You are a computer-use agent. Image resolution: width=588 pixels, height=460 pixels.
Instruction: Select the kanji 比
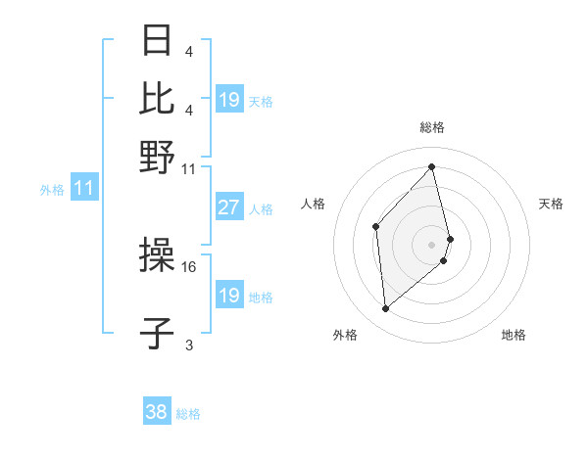click(x=158, y=99)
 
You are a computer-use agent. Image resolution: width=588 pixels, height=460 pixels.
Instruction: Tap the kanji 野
click(x=158, y=158)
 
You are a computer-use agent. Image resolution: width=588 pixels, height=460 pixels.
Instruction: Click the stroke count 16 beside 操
click(x=189, y=265)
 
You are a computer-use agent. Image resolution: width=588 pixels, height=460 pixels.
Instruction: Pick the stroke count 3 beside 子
click(x=189, y=345)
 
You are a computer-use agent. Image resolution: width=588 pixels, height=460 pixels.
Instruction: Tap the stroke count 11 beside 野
click(x=189, y=168)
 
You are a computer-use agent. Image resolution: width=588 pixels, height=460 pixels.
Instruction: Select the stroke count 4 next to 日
click(x=189, y=51)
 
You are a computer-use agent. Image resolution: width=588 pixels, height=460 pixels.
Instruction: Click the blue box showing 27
click(x=228, y=207)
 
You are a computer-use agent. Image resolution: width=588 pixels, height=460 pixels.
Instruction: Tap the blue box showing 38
click(x=156, y=413)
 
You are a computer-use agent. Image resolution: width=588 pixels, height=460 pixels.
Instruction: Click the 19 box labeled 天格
click(x=228, y=100)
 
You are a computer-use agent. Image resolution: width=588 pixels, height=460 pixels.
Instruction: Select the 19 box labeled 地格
click(x=228, y=297)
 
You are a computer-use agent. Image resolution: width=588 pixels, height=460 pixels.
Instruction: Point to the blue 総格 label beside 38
click(x=189, y=414)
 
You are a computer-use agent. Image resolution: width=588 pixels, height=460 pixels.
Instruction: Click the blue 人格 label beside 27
click(x=262, y=208)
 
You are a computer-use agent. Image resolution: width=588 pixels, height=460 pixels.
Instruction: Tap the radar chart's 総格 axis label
click(x=432, y=127)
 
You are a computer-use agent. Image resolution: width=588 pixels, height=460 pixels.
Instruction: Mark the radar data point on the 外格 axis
click(x=386, y=309)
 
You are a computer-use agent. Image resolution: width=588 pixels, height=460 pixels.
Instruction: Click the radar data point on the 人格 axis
click(x=376, y=228)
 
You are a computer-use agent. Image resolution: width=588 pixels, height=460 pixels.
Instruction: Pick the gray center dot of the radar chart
click(x=432, y=243)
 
